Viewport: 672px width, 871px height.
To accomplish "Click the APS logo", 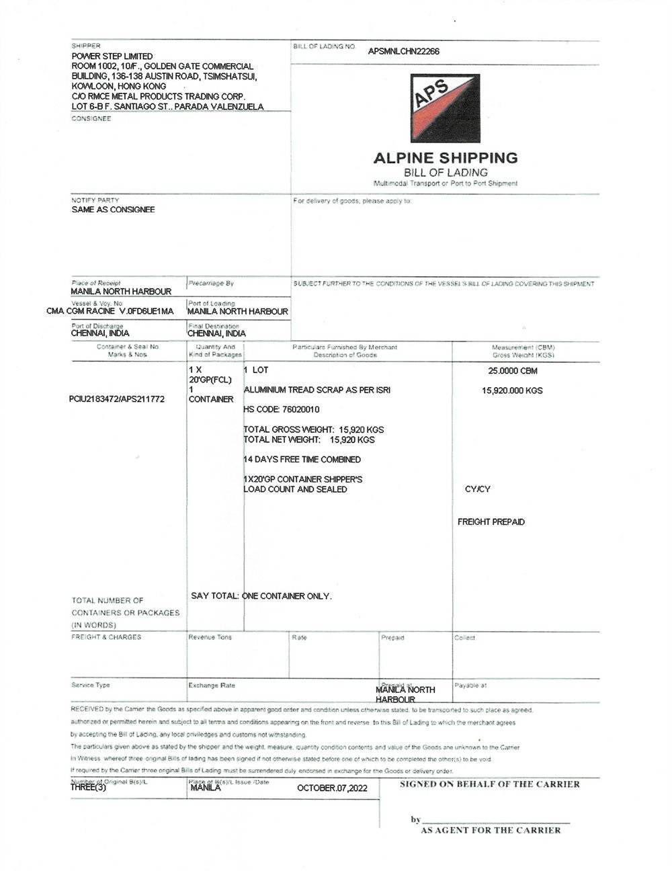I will [x=446, y=108].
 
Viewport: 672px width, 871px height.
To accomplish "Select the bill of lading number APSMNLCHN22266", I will [x=404, y=51].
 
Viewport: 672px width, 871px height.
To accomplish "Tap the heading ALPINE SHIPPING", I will [x=446, y=158].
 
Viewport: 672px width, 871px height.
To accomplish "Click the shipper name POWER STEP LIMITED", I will [x=112, y=56].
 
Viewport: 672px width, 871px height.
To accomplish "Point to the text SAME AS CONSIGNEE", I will [x=113, y=210].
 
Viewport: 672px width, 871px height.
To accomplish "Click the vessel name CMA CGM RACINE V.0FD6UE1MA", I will [x=110, y=311].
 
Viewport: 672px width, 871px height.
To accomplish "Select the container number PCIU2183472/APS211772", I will [x=117, y=399].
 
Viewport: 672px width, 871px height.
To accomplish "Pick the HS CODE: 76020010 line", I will [x=282, y=409].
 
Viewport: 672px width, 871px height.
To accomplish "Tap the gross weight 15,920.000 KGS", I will [x=513, y=390].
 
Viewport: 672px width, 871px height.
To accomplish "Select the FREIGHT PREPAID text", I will [x=491, y=522].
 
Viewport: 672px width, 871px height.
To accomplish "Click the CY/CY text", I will [x=478, y=489].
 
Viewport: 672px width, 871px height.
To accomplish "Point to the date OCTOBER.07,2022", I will [x=332, y=788].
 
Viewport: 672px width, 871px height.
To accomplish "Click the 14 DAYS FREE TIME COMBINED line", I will [x=302, y=460].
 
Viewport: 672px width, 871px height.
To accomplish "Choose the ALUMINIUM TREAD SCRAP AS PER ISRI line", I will [x=317, y=390].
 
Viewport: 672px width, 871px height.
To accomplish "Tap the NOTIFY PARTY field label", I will [x=95, y=200].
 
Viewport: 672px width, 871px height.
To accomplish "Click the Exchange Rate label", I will [x=212, y=686].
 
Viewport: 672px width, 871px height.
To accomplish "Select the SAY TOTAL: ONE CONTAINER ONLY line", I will [x=261, y=596].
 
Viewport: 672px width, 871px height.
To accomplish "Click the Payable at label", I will [x=470, y=686].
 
